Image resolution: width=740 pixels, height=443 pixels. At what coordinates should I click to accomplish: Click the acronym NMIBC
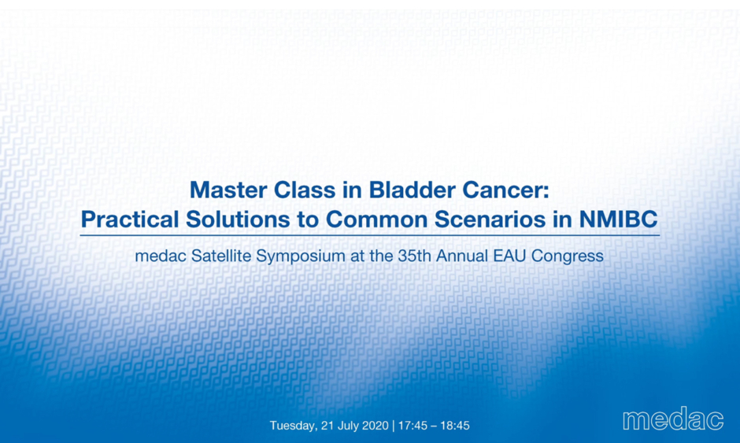pos(618,220)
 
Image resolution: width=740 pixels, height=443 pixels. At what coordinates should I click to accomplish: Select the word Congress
pos(568,257)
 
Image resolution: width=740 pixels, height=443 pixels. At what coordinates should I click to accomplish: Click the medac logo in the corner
pos(673,419)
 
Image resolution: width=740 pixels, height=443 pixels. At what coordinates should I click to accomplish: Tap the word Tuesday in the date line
pos(294,426)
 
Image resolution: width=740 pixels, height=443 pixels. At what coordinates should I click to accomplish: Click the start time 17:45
pos(413,426)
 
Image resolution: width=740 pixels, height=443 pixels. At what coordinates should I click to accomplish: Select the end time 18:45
pos(455,426)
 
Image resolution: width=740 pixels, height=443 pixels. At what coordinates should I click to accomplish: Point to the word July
pos(347,426)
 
